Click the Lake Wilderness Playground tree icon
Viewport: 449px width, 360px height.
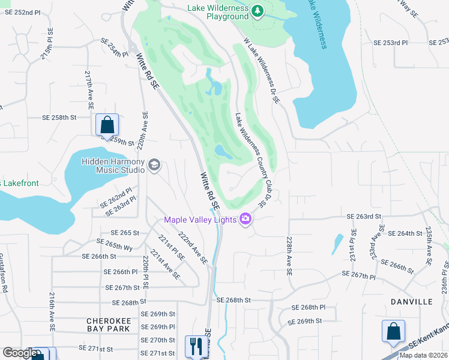click(258, 11)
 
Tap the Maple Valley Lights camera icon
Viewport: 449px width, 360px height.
click(245, 220)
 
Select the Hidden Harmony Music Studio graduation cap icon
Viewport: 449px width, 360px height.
click(155, 165)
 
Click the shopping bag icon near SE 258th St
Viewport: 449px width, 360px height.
click(107, 125)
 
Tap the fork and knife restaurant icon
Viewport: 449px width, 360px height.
click(196, 346)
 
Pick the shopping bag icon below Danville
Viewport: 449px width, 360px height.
click(393, 331)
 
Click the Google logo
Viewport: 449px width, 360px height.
click(20, 353)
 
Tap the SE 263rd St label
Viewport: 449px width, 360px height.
click(364, 217)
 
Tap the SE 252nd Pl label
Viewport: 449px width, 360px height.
click(22, 12)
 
